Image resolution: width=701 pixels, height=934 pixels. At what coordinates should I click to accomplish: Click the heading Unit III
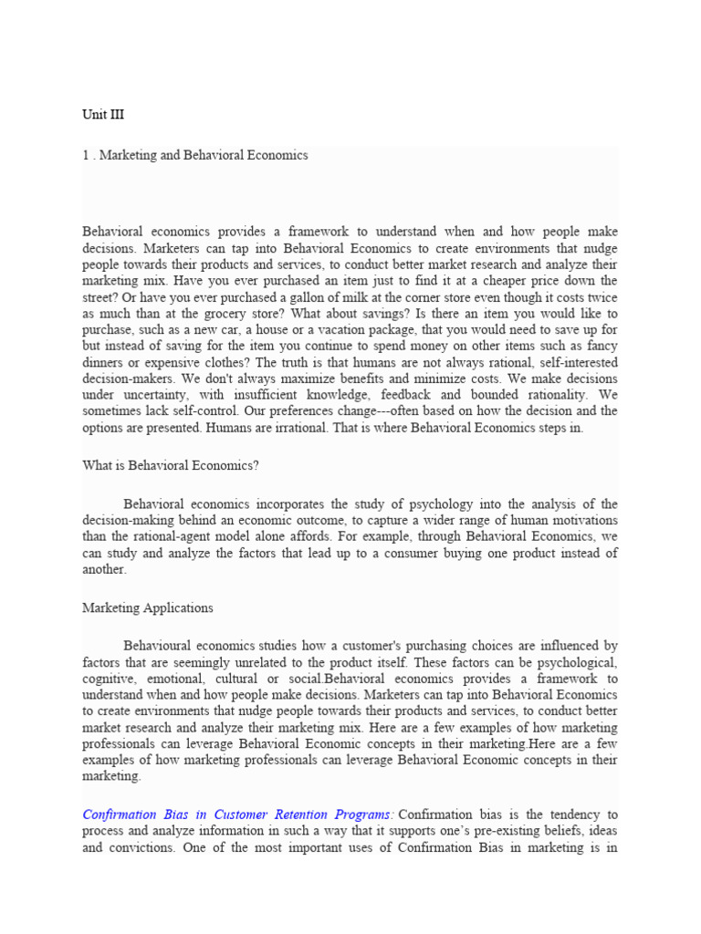[x=103, y=115]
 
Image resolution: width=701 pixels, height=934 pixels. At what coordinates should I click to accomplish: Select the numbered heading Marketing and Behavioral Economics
[x=194, y=155]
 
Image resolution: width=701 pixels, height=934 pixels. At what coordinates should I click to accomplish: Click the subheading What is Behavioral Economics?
[x=171, y=465]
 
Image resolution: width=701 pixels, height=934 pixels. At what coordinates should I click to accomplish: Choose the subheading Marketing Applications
[x=147, y=607]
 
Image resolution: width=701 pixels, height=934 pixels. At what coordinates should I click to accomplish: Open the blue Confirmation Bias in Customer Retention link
[x=238, y=814]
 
